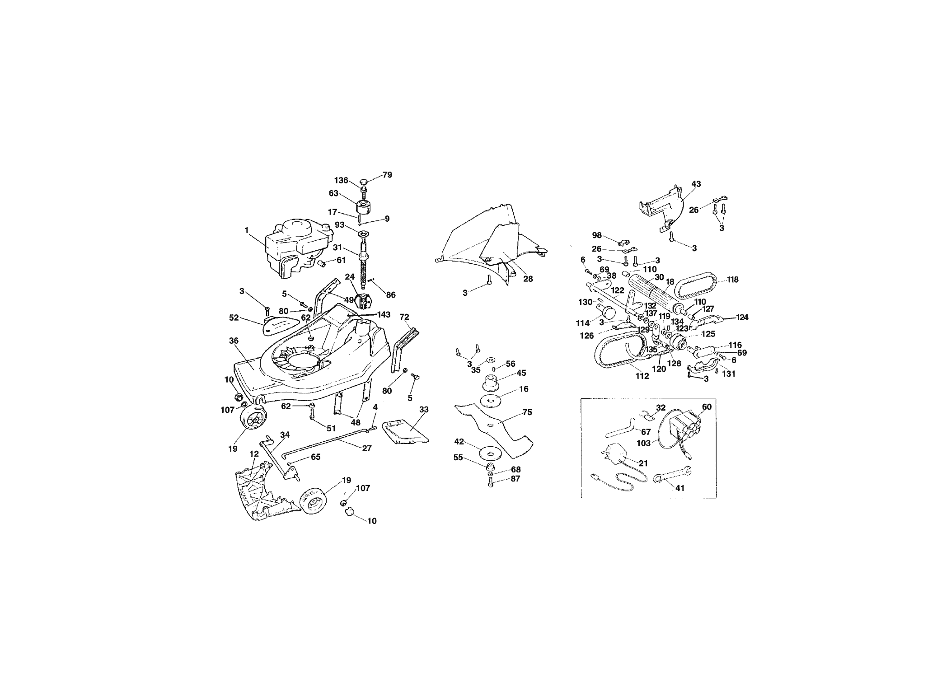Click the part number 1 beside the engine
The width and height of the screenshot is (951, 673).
click(247, 230)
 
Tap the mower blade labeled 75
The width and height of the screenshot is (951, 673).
click(495, 424)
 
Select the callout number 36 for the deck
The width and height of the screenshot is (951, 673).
click(234, 341)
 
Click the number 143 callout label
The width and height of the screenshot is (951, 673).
click(383, 315)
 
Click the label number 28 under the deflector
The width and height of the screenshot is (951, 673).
click(528, 279)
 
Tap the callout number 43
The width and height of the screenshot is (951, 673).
click(696, 184)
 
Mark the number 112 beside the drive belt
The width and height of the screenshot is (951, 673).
click(642, 376)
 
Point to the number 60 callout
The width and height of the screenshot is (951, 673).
click(707, 407)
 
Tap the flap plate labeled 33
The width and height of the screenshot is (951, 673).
click(405, 432)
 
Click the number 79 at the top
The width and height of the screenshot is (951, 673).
click(387, 175)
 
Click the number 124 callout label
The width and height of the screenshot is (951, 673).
click(741, 318)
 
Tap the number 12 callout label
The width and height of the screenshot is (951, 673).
click(254, 453)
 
